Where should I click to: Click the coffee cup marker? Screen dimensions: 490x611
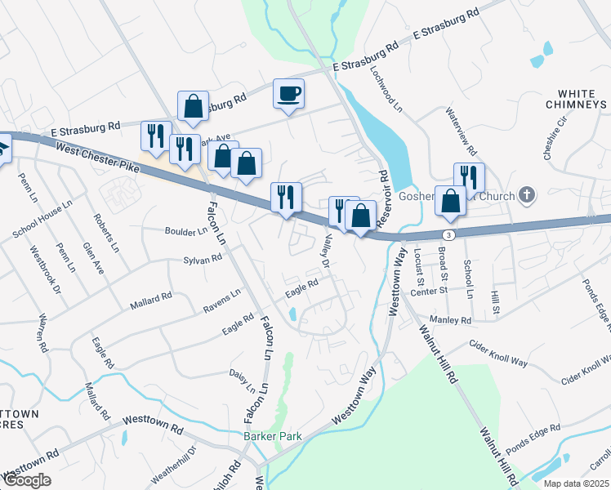[288, 93]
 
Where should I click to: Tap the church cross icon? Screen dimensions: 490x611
[528, 195]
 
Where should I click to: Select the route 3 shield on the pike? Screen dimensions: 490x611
[450, 234]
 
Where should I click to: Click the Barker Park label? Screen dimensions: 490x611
[273, 436]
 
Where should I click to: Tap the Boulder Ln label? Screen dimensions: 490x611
[186, 232]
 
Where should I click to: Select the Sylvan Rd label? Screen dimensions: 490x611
[203, 260]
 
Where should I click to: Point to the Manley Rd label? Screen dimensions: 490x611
[454, 321]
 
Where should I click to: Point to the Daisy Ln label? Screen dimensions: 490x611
[238, 379]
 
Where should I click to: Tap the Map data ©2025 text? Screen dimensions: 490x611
[576, 483]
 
